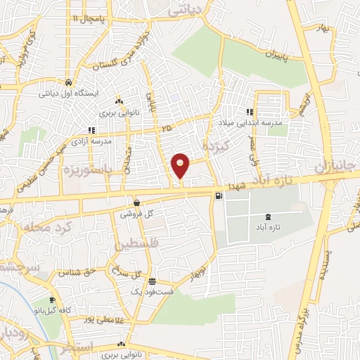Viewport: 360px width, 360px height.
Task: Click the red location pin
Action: (181, 166)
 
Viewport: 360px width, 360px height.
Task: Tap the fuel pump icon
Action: (219, 195)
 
